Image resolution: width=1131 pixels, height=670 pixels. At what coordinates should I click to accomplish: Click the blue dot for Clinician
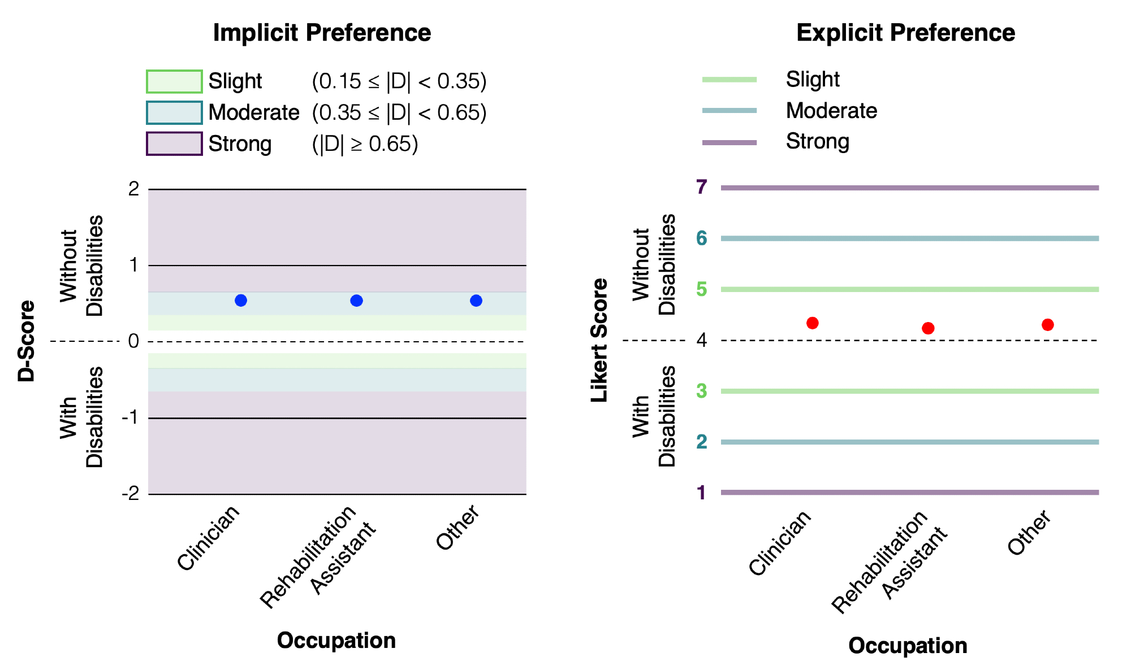241,301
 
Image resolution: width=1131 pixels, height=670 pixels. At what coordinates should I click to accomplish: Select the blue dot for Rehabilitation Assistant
356,301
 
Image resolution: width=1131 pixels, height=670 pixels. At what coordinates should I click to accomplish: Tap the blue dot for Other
476,301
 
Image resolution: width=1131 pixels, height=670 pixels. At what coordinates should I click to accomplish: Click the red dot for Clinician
813,323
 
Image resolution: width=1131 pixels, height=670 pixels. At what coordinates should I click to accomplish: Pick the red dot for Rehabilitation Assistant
928,328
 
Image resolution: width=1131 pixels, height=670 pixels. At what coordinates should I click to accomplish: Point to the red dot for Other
1048,325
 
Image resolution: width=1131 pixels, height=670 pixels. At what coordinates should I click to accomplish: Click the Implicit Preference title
322,33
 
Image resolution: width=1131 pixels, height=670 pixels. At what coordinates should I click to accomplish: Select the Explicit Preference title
905,33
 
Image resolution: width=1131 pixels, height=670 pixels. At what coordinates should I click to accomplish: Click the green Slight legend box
174,81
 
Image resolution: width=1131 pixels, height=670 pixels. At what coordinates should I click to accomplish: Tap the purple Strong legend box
174,143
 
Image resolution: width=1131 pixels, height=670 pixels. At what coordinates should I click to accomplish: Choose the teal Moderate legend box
174,112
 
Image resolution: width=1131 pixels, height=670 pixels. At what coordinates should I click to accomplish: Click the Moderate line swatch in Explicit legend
729,111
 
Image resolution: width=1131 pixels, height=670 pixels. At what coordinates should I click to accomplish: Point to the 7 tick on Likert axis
702,187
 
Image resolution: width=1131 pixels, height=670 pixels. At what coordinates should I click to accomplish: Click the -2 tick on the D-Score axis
131,494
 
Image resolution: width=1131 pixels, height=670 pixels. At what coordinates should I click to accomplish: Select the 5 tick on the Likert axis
702,289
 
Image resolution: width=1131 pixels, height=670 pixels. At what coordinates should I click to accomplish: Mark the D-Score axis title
27,341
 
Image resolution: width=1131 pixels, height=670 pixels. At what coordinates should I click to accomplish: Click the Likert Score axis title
599,340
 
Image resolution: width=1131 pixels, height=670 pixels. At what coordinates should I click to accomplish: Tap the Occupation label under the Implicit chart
336,641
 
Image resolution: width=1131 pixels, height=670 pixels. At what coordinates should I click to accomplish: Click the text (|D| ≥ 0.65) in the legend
365,144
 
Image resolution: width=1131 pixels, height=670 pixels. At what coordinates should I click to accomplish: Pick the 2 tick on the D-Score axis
134,189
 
